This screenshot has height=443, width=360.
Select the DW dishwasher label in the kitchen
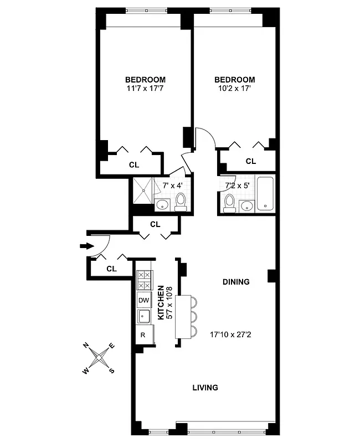(x=144, y=300)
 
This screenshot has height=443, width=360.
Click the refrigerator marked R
(x=143, y=335)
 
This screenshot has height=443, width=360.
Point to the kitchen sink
(x=143, y=317)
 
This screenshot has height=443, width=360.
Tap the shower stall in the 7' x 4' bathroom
(x=144, y=190)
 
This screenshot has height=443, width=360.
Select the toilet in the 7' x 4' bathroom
(x=180, y=202)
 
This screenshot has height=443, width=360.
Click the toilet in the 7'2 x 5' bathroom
(x=228, y=204)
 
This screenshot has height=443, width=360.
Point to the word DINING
(x=236, y=282)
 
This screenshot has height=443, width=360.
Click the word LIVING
(x=205, y=388)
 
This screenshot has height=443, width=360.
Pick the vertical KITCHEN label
(x=161, y=302)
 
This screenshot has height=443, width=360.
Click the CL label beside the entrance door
(x=111, y=269)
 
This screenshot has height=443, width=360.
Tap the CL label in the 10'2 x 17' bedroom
(x=250, y=162)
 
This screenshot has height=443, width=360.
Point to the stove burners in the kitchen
(x=144, y=280)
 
